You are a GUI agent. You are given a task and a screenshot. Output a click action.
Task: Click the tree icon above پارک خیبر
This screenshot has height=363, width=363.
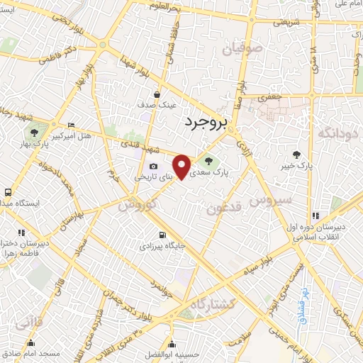[296, 154]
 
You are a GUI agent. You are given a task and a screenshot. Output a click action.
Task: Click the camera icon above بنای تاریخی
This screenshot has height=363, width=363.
[153, 165]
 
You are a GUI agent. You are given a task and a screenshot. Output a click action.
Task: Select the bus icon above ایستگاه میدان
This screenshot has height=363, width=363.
[7, 192]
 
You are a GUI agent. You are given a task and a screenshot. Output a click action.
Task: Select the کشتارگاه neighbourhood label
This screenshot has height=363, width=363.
[212, 304]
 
